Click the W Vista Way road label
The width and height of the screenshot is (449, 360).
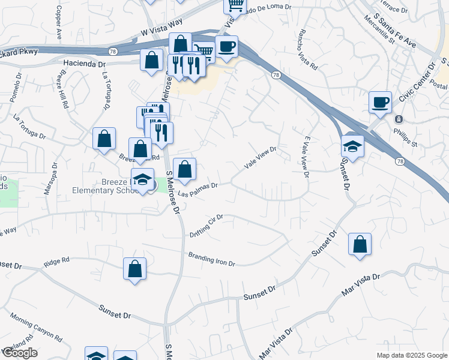[x=161, y=26]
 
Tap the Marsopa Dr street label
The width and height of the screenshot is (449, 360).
[x=50, y=179]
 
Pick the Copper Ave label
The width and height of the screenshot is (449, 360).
[x=59, y=19]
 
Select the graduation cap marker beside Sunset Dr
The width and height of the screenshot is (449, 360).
[x=352, y=146]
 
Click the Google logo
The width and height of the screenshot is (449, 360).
[x=19, y=353]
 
